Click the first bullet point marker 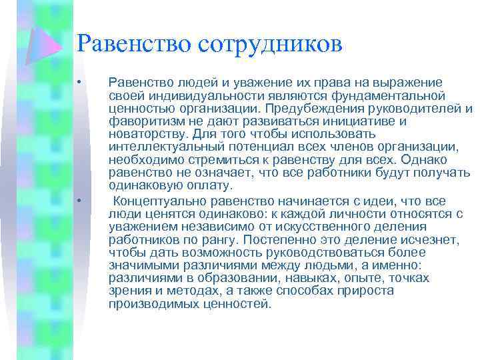coord(78,83)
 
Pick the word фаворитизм coord(143,122)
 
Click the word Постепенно coord(275,239)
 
